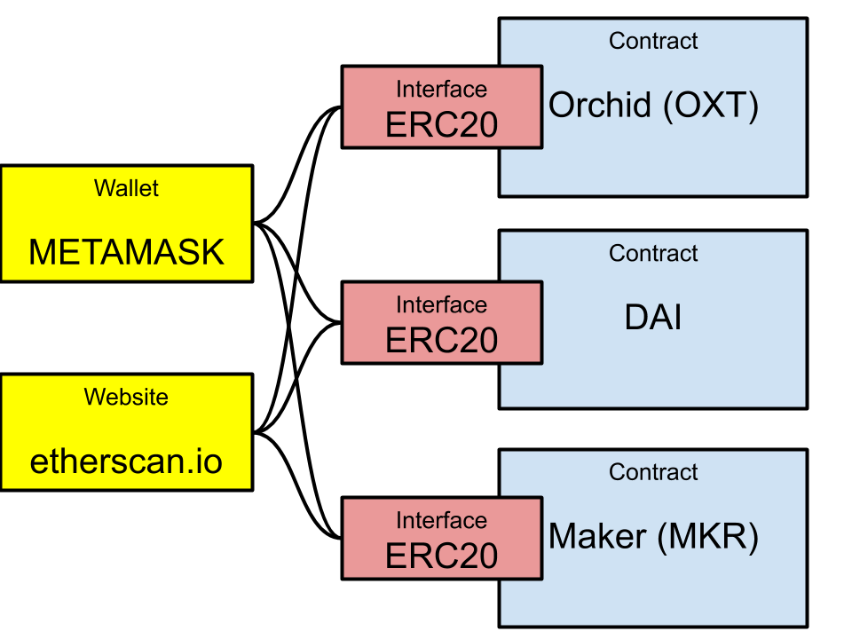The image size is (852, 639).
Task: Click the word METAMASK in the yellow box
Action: [x=126, y=253]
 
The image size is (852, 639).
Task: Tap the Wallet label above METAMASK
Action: [x=126, y=188]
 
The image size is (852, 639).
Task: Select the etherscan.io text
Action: [x=126, y=461]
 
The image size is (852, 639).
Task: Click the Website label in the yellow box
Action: [x=126, y=397]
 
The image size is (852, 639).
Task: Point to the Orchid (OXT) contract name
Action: [x=653, y=106]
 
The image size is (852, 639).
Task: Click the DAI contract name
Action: [x=653, y=318]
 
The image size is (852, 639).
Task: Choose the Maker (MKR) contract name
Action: [x=653, y=537]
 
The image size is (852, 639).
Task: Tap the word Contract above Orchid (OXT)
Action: [x=653, y=41]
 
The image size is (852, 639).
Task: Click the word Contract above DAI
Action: [x=653, y=253]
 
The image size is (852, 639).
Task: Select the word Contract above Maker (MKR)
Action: [x=653, y=472]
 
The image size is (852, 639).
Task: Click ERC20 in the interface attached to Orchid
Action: [x=441, y=125]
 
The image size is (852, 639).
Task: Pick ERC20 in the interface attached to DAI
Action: [x=441, y=341]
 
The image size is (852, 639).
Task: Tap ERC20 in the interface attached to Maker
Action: [x=441, y=556]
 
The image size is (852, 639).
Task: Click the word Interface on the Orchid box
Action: [x=441, y=90]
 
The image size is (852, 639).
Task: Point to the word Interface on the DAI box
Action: [x=441, y=305]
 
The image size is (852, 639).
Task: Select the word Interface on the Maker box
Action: [x=441, y=521]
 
